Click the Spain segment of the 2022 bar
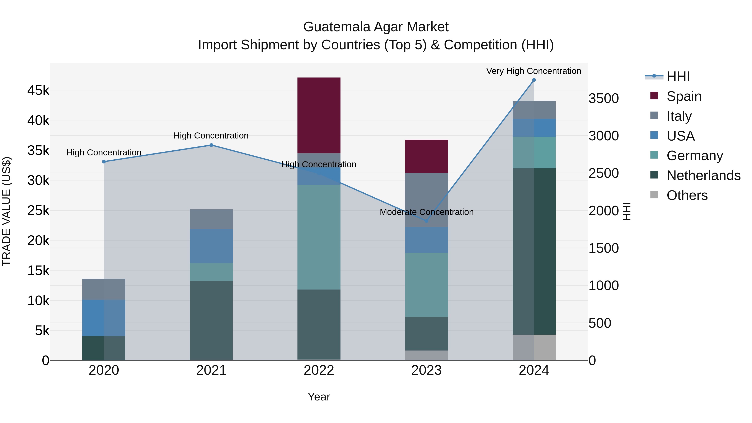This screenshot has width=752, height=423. coord(319,115)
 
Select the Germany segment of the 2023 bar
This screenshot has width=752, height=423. coord(426,285)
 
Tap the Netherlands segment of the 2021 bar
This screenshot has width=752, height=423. coord(211,320)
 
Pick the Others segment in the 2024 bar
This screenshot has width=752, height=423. coord(534,347)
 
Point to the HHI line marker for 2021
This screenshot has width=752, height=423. coord(211,145)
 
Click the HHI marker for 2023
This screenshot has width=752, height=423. coord(426,221)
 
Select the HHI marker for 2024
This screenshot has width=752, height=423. coord(534,80)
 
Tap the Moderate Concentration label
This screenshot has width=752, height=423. coord(427,212)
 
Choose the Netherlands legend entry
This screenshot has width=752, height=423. coord(703,175)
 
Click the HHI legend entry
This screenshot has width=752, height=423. coord(678,76)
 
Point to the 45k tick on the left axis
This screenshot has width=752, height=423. coord(38,90)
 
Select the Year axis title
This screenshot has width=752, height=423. coord(319,397)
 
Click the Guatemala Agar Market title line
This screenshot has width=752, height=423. coord(376,27)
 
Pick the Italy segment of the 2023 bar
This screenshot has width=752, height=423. coord(426,200)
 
